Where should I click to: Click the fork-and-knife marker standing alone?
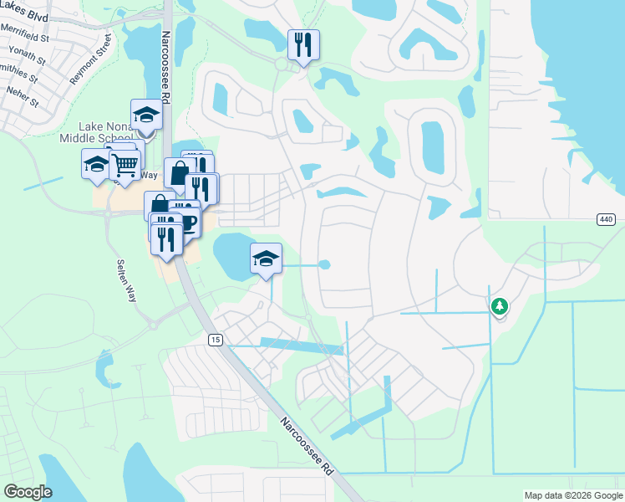(x=303, y=44)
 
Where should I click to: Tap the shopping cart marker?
(x=125, y=164)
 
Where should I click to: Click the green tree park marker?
(x=500, y=306)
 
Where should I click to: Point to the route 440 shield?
(x=607, y=219)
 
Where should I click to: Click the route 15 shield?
(x=215, y=339)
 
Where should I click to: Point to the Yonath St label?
(x=29, y=56)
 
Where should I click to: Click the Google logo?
(x=28, y=492)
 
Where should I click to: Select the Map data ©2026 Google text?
(x=573, y=495)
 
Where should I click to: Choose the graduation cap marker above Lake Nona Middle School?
(x=145, y=115)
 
